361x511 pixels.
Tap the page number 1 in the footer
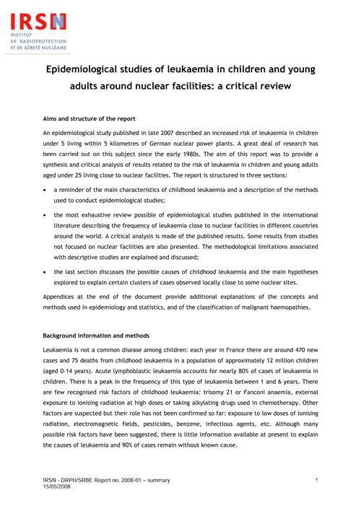click(x=318, y=480)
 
